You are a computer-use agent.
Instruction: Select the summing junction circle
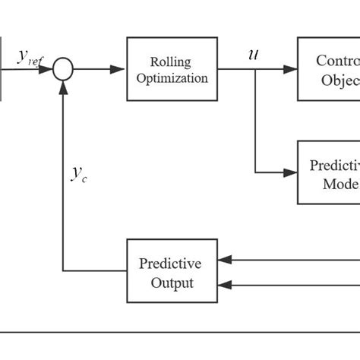pos(62,70)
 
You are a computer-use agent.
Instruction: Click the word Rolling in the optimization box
pos(171,62)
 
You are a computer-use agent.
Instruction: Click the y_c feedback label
pos(79,174)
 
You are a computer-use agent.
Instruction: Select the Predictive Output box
pos(170,273)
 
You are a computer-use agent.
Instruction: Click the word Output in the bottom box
pos(171,283)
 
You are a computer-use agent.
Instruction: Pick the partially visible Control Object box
pos(328,69)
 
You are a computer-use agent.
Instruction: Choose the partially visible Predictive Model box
pos(328,172)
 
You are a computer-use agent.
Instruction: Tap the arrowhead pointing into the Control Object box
pos(290,70)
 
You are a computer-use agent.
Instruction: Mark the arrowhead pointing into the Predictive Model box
pos(290,172)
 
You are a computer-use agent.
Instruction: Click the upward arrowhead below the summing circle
pos(62,86)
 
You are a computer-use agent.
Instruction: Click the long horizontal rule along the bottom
pos(180,332)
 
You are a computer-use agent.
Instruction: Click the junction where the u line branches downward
pos(256,70)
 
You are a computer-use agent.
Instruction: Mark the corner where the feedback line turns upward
pos(62,271)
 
